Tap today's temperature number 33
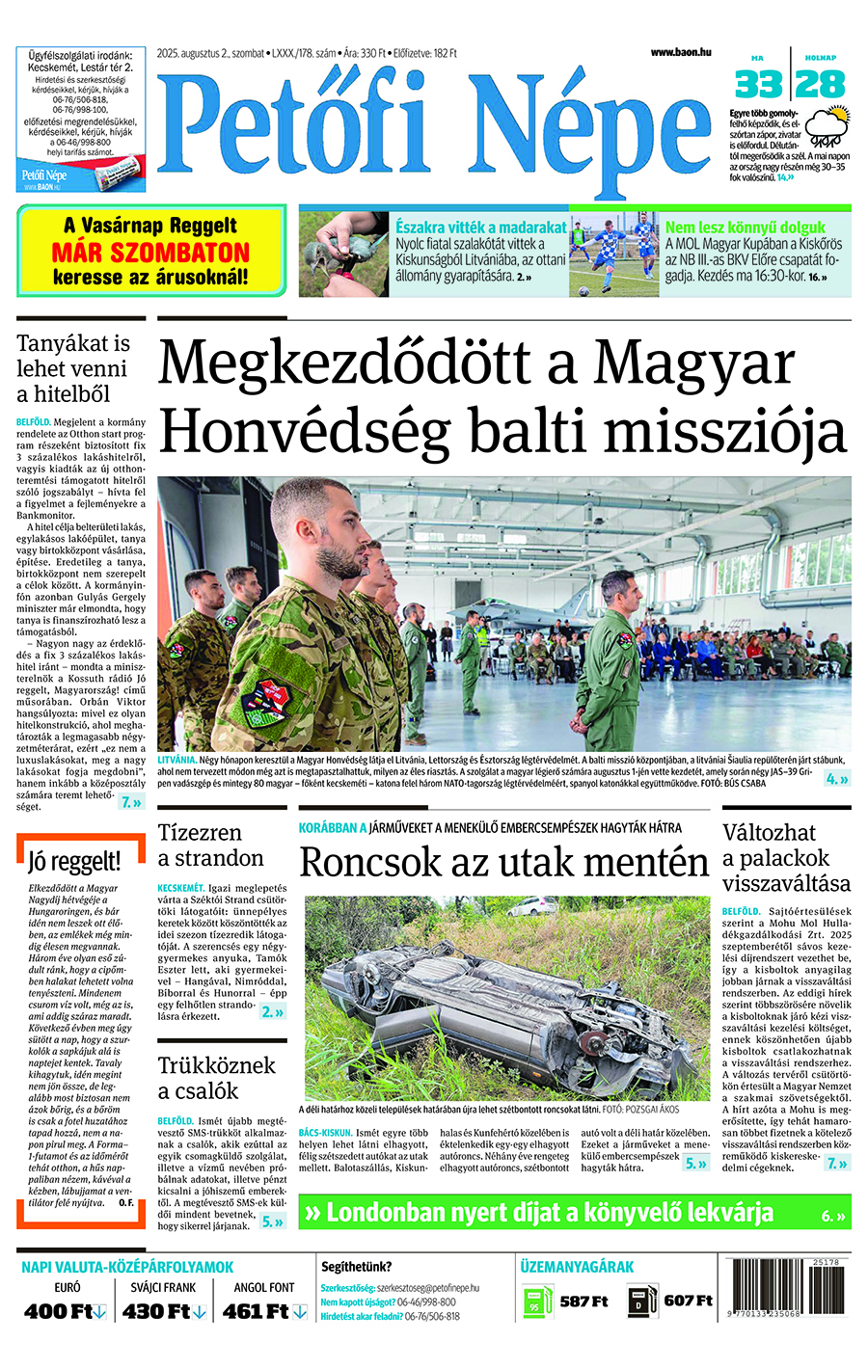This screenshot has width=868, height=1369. point(758,85)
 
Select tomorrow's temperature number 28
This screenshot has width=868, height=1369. point(822,85)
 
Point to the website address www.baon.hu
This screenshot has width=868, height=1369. point(681,52)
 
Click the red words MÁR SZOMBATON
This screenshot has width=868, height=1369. point(150,253)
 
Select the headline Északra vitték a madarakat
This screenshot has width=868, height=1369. point(480,228)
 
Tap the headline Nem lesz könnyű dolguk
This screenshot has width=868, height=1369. point(745,228)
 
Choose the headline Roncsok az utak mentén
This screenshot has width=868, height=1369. point(503,861)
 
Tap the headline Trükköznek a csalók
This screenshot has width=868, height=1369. point(216,1078)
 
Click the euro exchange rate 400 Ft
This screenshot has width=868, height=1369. point(64,1311)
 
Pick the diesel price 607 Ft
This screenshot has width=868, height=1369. point(688,1302)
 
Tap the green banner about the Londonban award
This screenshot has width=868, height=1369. point(575,1213)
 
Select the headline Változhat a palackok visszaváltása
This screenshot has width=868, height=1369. point(786,857)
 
